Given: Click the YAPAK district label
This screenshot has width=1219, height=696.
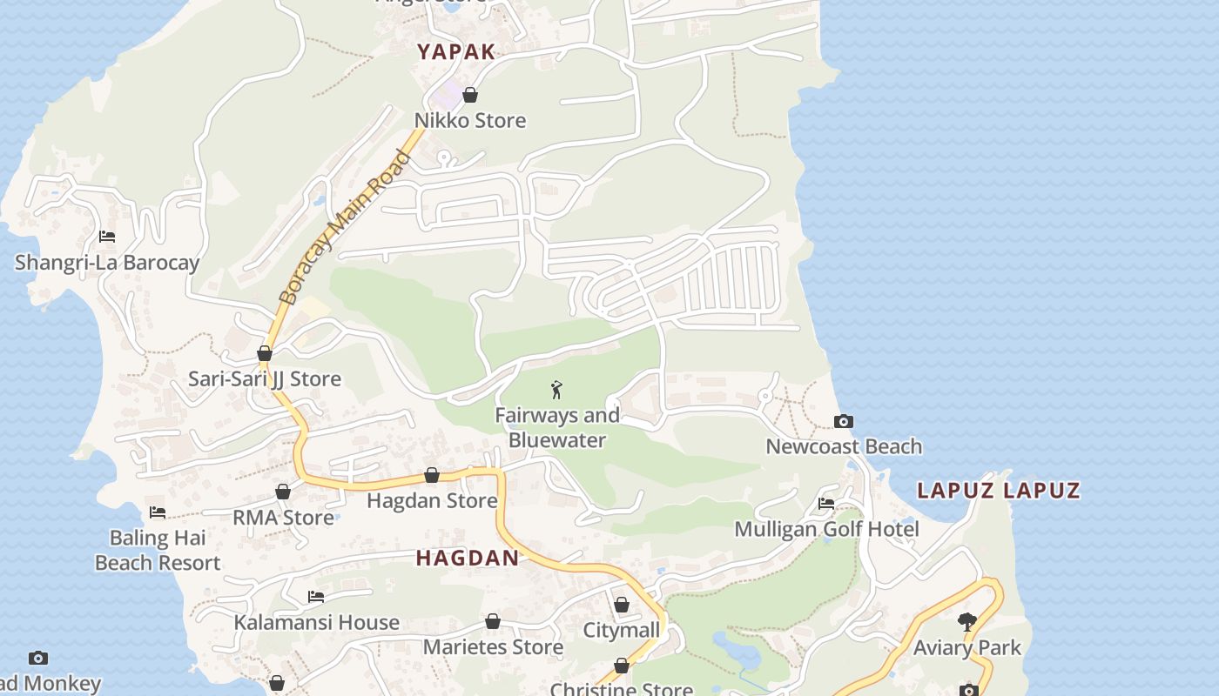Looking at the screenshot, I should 456,51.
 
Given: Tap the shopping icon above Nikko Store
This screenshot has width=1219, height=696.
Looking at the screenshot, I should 470,95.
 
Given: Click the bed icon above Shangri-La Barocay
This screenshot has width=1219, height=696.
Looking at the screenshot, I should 107,237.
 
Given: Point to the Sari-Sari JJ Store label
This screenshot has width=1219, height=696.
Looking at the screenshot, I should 265,379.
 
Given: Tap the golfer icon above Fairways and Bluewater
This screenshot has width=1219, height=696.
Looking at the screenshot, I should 557,390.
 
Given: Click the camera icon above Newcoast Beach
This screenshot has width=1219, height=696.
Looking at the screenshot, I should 843,422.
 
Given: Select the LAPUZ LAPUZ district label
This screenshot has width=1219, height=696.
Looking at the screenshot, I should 999,491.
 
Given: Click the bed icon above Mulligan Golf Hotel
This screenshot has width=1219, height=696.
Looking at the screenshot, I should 826,504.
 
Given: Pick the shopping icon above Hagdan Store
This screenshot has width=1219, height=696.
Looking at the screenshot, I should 432,475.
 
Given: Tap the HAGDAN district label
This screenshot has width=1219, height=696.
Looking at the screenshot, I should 468,559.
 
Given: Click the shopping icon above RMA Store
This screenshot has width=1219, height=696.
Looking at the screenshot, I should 283,492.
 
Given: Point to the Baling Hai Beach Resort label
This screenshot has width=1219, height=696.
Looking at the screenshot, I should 158,551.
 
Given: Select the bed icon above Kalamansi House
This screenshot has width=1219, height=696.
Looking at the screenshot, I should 316,597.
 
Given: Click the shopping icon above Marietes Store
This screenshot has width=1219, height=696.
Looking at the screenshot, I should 493,621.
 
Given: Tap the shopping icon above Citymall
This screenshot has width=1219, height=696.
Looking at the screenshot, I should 622,605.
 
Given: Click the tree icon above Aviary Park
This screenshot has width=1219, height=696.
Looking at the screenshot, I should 966,621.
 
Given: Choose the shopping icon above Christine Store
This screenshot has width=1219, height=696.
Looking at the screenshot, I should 622,666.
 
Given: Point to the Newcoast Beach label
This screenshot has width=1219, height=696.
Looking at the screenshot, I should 844,447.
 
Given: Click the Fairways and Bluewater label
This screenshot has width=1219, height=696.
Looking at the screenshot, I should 557,428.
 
